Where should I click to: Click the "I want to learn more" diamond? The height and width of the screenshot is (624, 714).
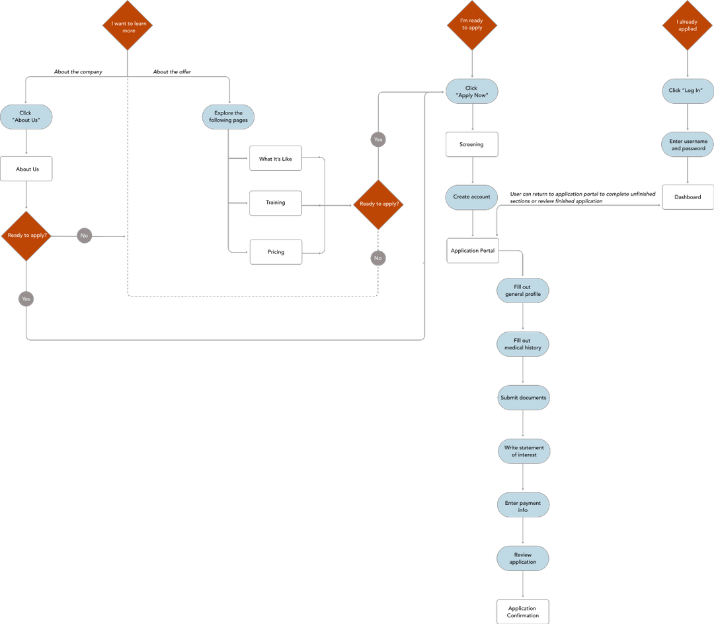[x=128, y=26]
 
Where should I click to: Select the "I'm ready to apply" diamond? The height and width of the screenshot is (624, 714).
[x=471, y=24]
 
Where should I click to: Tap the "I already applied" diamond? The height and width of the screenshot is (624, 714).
[x=687, y=25]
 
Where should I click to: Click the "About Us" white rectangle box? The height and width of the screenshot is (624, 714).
[x=27, y=169]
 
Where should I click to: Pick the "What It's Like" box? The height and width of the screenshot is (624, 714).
[x=275, y=159]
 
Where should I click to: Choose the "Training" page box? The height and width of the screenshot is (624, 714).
[x=275, y=202]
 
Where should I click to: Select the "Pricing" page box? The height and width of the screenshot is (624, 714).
[x=276, y=252]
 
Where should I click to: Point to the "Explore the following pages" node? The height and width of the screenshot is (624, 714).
[x=228, y=117]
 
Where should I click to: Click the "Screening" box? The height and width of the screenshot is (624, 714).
[x=471, y=144]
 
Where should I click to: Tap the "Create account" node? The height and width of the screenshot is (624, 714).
[x=471, y=197]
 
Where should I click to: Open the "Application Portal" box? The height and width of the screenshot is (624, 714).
[x=473, y=251]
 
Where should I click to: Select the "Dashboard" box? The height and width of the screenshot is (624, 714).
[x=688, y=197]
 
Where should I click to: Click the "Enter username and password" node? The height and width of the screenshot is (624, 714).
[x=688, y=145]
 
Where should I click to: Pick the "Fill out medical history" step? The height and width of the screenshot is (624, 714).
[x=522, y=344]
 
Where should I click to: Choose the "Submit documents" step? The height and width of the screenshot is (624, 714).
[x=523, y=398]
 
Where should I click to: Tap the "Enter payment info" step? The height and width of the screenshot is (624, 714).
[x=522, y=507]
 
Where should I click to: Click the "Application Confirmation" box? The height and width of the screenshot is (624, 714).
[x=522, y=612]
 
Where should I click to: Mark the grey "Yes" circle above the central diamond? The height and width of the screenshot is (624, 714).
[x=378, y=140]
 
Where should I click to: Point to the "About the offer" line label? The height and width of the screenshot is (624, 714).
[x=172, y=71]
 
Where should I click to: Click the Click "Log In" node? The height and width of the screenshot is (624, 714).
[x=688, y=91]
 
